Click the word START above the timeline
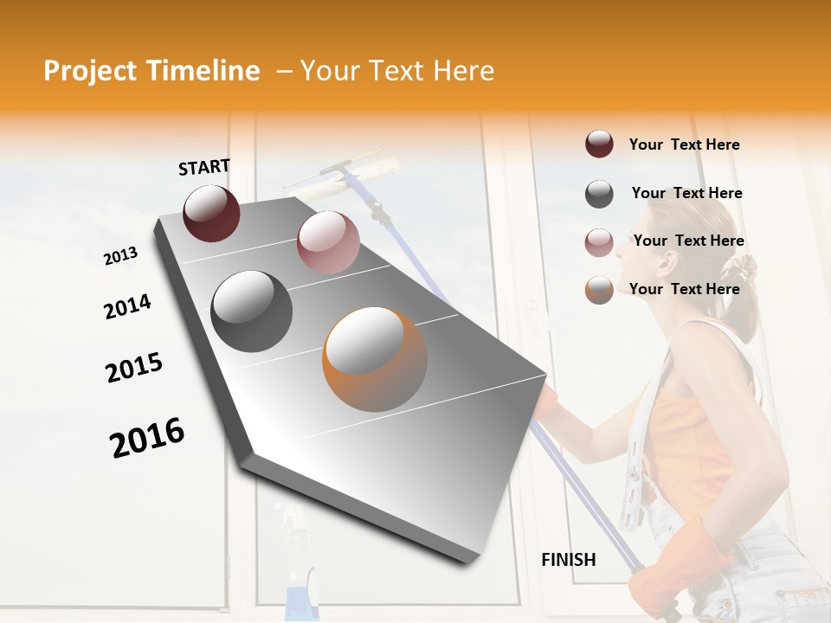click(x=204, y=167)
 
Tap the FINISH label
click(x=568, y=560)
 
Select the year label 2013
click(x=120, y=255)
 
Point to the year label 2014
click(x=127, y=306)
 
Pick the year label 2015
click(x=134, y=368)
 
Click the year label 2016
click(x=147, y=437)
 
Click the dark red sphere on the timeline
click(x=211, y=213)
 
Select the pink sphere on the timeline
click(x=328, y=241)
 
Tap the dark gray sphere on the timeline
click(x=251, y=311)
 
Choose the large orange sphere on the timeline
click(x=374, y=358)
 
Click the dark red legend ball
click(x=599, y=145)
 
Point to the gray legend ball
click(x=599, y=194)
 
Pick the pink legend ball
click(x=599, y=241)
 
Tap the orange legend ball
click(x=599, y=290)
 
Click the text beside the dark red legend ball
click(x=684, y=145)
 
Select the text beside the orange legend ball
click(x=684, y=289)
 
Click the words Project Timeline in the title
click(x=151, y=71)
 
